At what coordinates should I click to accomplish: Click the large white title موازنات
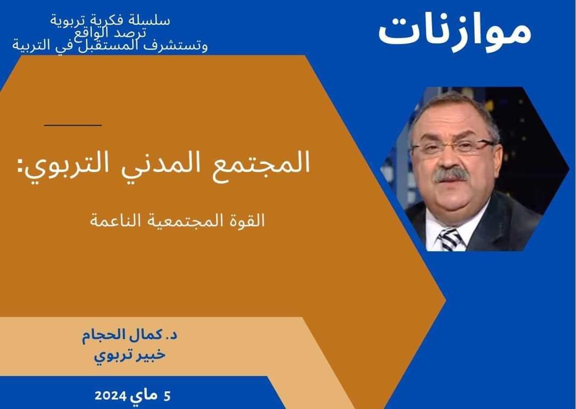click(x=455, y=31)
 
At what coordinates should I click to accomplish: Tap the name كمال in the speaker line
click(x=149, y=335)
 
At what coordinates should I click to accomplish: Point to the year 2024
click(x=110, y=396)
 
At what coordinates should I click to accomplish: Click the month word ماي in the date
click(x=143, y=397)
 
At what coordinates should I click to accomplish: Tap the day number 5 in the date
click(x=167, y=396)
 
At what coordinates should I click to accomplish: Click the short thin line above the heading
click(x=73, y=125)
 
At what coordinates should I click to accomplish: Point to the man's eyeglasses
click(x=453, y=147)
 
